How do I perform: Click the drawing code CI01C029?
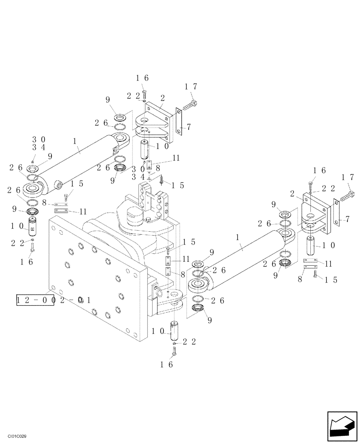click(17, 436)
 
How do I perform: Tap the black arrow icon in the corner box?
click(341, 425)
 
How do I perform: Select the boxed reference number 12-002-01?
click(35, 300)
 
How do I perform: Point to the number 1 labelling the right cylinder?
click(238, 238)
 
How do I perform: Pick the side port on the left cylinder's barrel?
click(58, 185)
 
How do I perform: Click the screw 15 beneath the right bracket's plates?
click(314, 279)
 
